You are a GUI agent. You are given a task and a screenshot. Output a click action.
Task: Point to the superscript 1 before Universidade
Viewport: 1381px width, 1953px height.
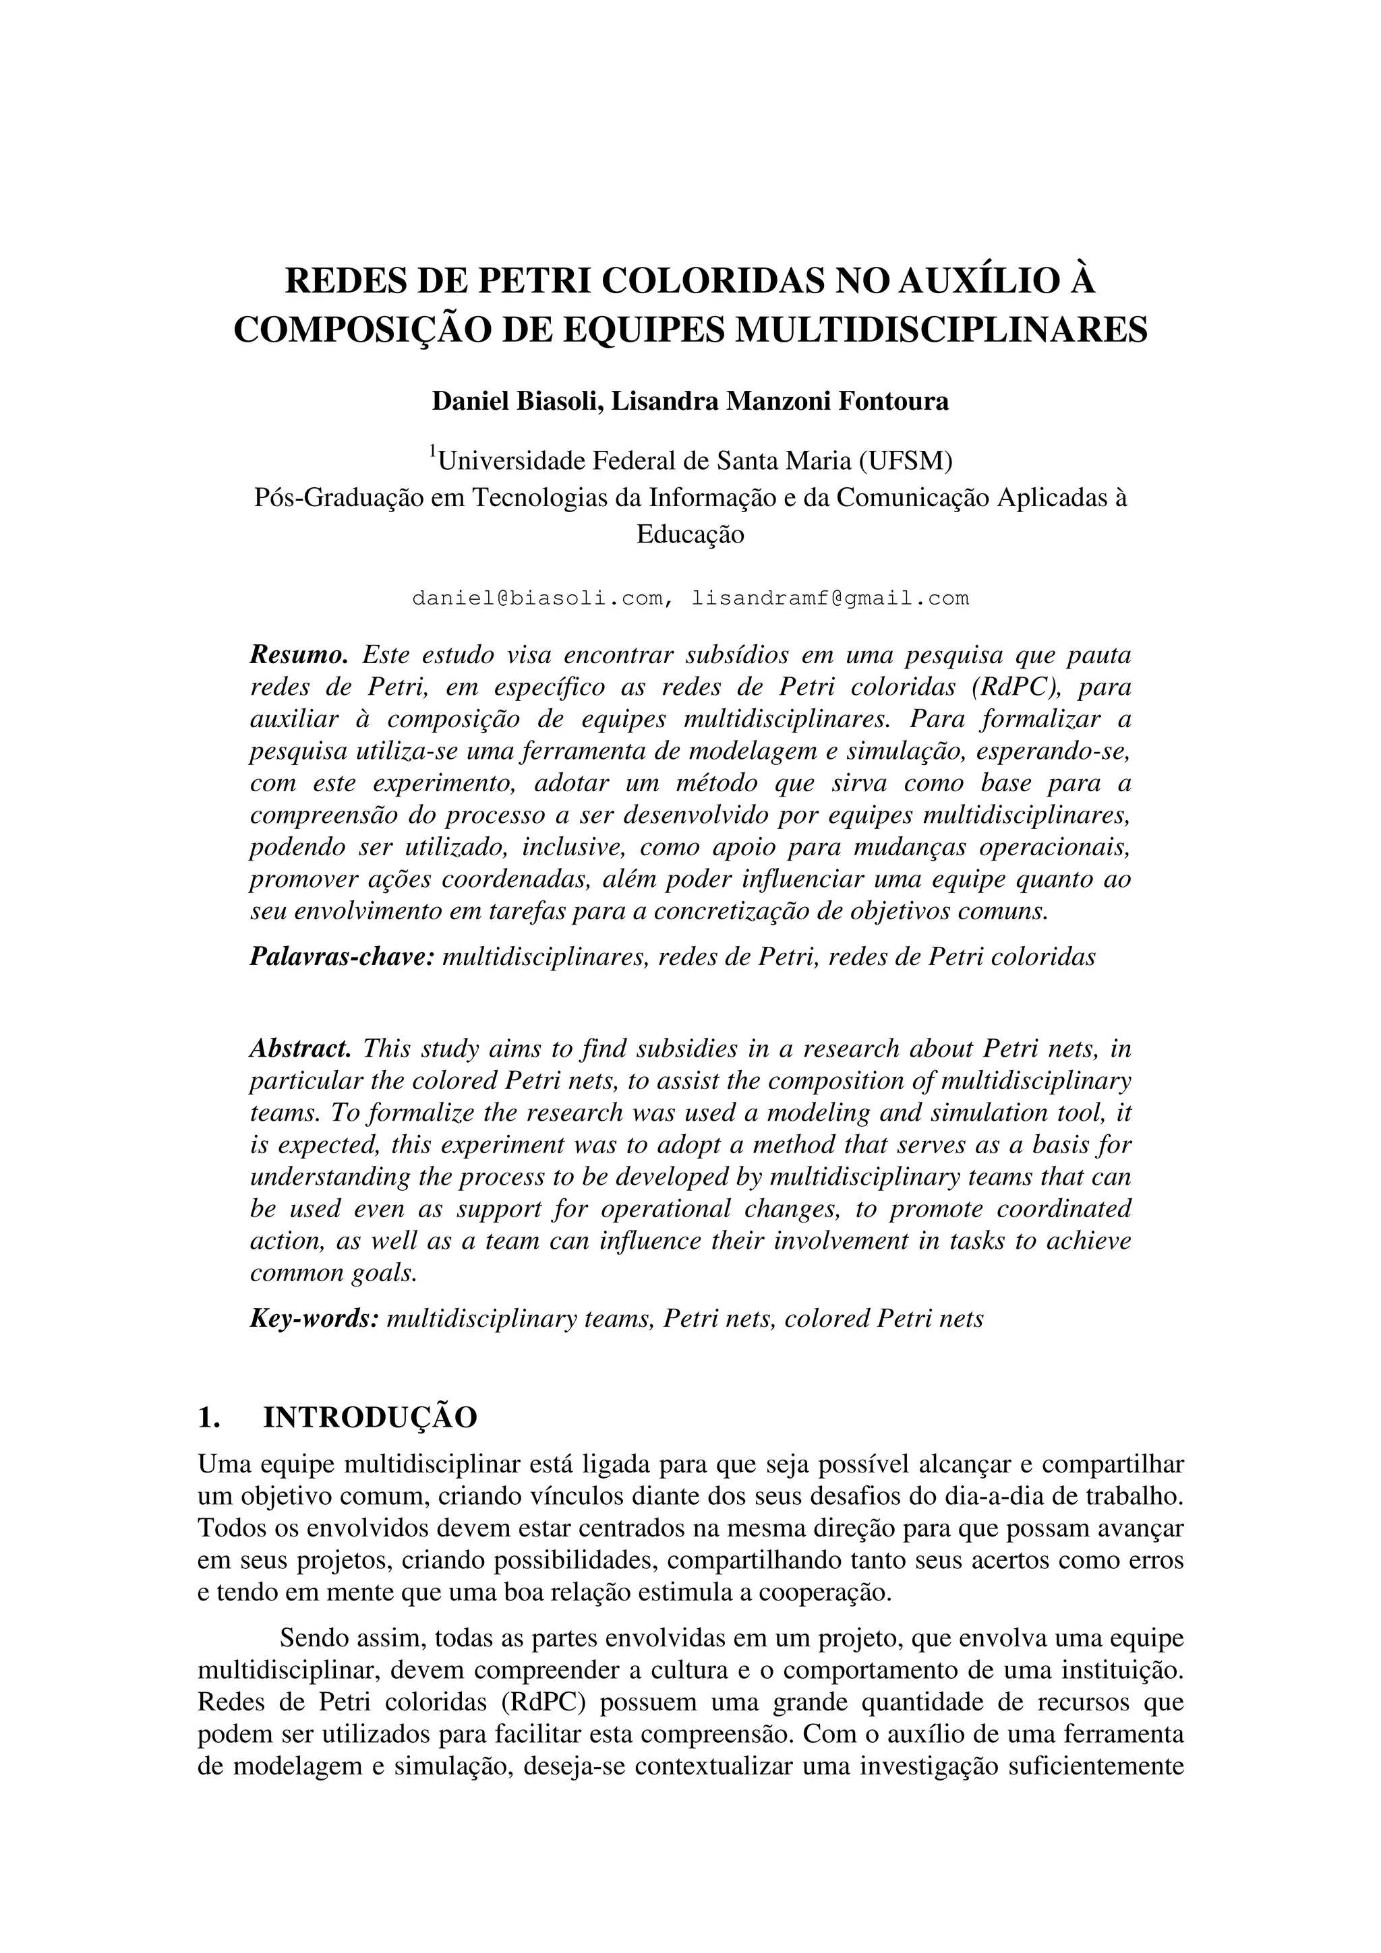point(432,451)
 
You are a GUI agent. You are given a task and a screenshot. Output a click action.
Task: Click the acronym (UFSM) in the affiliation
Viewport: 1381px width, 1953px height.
point(906,461)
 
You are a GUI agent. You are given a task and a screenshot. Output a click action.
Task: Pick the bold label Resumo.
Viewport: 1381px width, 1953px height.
point(299,655)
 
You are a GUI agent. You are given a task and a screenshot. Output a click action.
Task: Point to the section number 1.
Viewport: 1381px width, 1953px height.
point(208,1417)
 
